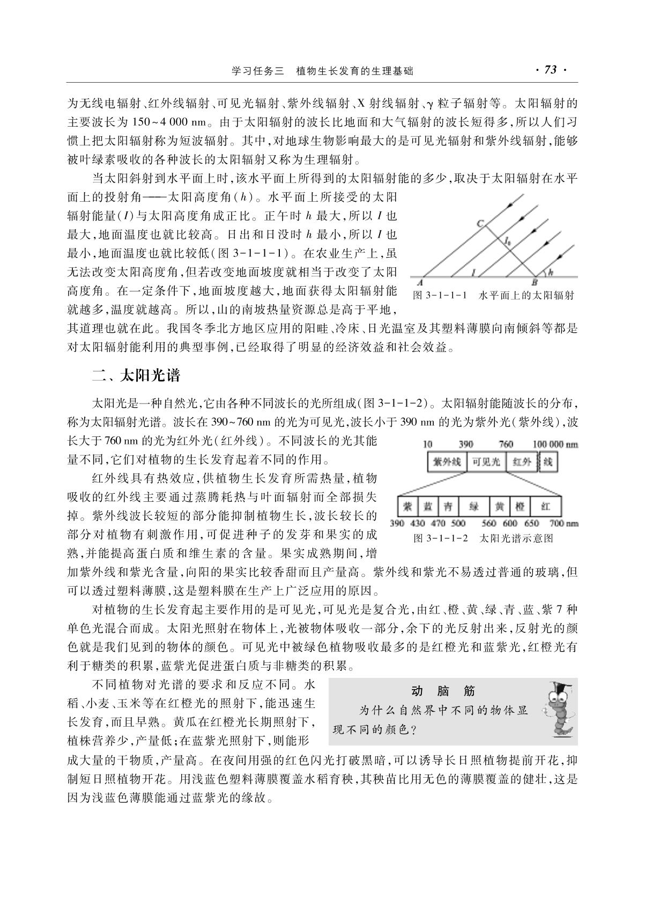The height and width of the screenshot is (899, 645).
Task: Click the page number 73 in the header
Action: tap(551, 70)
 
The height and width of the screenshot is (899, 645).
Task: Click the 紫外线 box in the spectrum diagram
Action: tap(447, 462)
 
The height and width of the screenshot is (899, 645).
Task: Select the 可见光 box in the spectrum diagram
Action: tap(486, 462)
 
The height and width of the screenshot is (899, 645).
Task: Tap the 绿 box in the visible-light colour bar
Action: tap(473, 506)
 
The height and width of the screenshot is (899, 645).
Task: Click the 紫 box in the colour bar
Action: tap(407, 506)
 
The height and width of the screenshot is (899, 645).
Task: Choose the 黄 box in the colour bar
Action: tap(499, 506)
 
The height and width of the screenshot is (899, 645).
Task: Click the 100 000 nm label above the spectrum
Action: tap(555, 444)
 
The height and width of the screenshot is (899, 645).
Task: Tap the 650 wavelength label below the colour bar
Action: tap(531, 523)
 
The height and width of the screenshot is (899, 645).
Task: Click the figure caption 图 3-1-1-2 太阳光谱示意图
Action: tap(483, 538)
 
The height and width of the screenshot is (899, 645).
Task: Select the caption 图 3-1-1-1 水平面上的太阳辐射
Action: tap(493, 295)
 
